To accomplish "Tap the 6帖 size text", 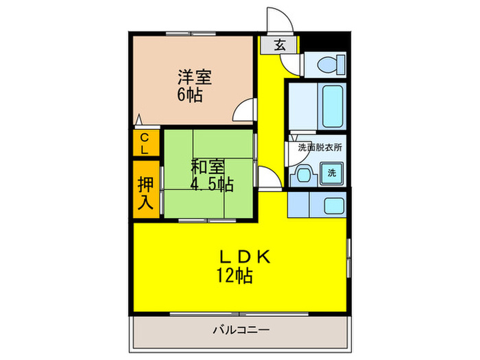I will (190, 95).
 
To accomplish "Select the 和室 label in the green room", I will (207, 167).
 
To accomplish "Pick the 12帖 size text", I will (234, 276).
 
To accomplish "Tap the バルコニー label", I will (240, 330).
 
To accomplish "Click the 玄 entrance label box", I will (280, 45).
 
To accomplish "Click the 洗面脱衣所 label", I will (320, 147).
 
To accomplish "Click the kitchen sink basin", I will (334, 205).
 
